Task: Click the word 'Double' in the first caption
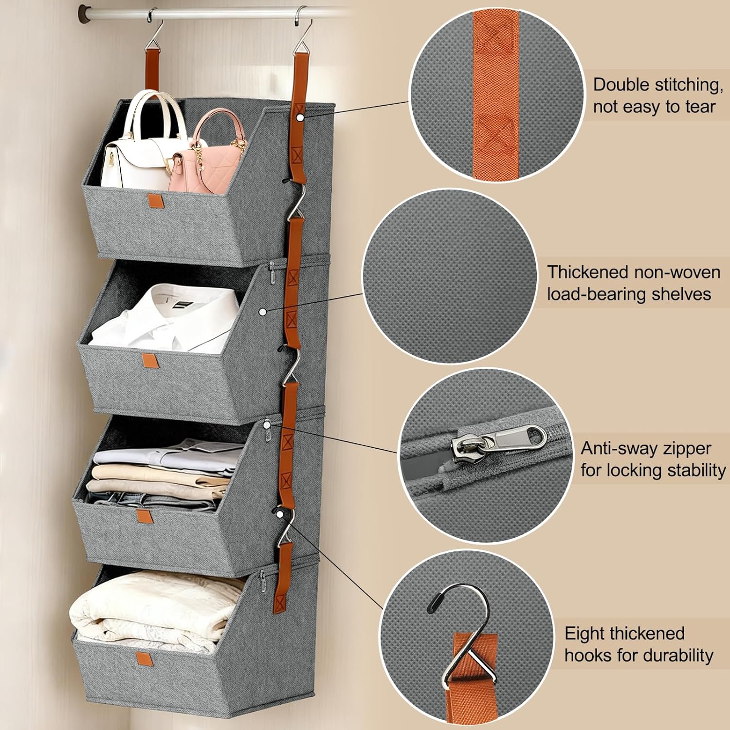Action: [x=621, y=85]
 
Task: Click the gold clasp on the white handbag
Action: [x=111, y=159]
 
